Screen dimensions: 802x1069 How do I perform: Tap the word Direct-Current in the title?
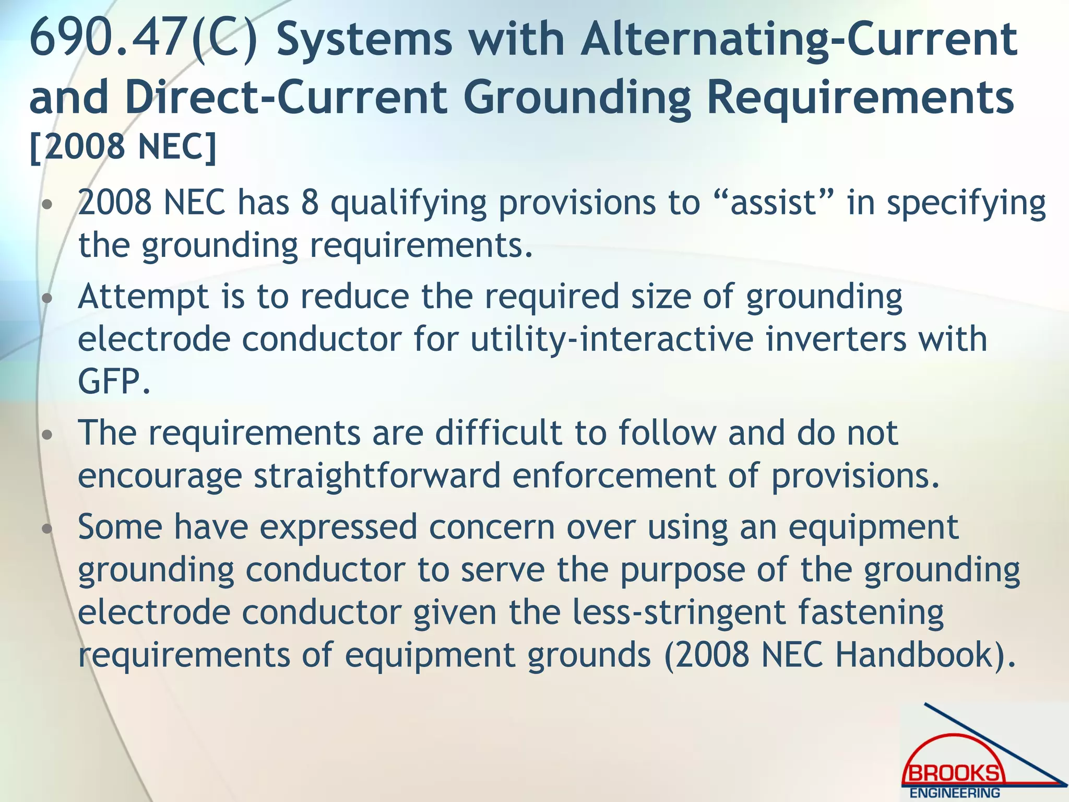pyautogui.click(x=286, y=97)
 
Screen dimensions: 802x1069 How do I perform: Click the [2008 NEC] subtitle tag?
pyautogui.click(x=123, y=147)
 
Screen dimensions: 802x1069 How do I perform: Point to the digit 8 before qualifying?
pyautogui.click(x=310, y=203)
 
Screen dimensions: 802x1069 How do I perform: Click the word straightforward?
pyautogui.click(x=377, y=476)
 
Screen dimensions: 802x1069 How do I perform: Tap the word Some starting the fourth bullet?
pyautogui.click(x=120, y=527)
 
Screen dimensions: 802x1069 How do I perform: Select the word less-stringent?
pyautogui.click(x=679, y=612)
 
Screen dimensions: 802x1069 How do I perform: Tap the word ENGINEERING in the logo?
pyautogui.click(x=955, y=793)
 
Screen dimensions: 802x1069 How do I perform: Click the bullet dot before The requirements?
pyautogui.click(x=47, y=434)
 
